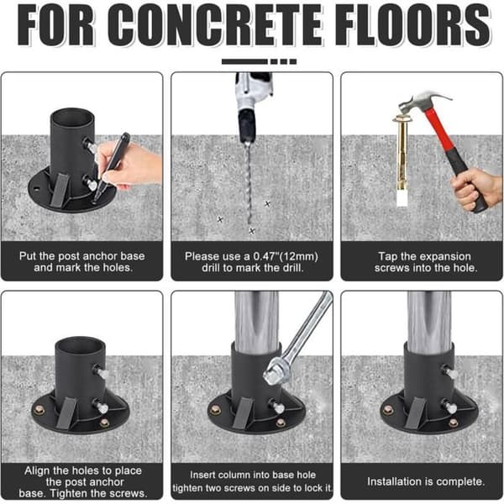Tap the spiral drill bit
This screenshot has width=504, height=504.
tap(248, 183)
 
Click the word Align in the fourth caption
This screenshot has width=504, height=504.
tap(37, 470)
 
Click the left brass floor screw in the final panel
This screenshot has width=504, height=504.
tap(388, 410)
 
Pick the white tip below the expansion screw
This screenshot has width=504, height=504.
tap(402, 197)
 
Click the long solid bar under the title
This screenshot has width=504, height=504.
tap(244, 61)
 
